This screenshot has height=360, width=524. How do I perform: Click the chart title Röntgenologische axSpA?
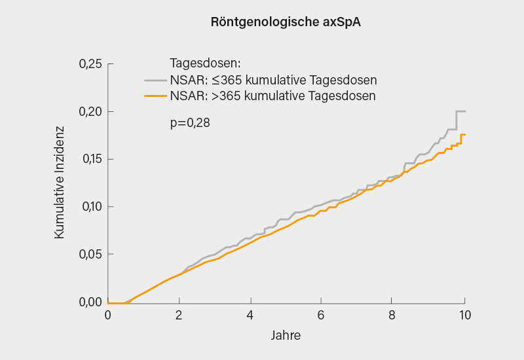coord(286,22)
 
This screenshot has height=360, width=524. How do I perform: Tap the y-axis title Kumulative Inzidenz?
coord(60,183)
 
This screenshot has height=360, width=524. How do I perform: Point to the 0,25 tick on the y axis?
coord(90,64)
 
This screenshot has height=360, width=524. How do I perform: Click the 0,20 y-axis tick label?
coord(90,112)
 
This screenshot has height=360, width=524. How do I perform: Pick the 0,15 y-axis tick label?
coord(90,160)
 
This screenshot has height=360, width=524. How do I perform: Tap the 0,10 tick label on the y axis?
coord(90,207)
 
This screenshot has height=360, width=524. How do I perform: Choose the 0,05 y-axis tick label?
coord(90,255)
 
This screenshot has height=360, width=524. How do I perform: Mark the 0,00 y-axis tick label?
coord(90,302)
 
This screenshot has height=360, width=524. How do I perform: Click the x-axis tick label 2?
coord(179,315)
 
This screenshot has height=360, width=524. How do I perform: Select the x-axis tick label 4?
coord(250,315)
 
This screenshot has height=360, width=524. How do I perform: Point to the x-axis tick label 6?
coord(322,315)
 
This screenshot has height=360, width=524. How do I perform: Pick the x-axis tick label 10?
coord(464,315)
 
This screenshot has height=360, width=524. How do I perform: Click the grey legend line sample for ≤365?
coord(156,81)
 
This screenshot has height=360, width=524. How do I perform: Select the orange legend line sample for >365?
coord(156,96)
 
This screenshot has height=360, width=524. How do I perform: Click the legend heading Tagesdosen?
coord(206,64)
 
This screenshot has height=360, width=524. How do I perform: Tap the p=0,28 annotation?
coord(190,122)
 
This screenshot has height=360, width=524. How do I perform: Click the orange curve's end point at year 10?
coord(464,135)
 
